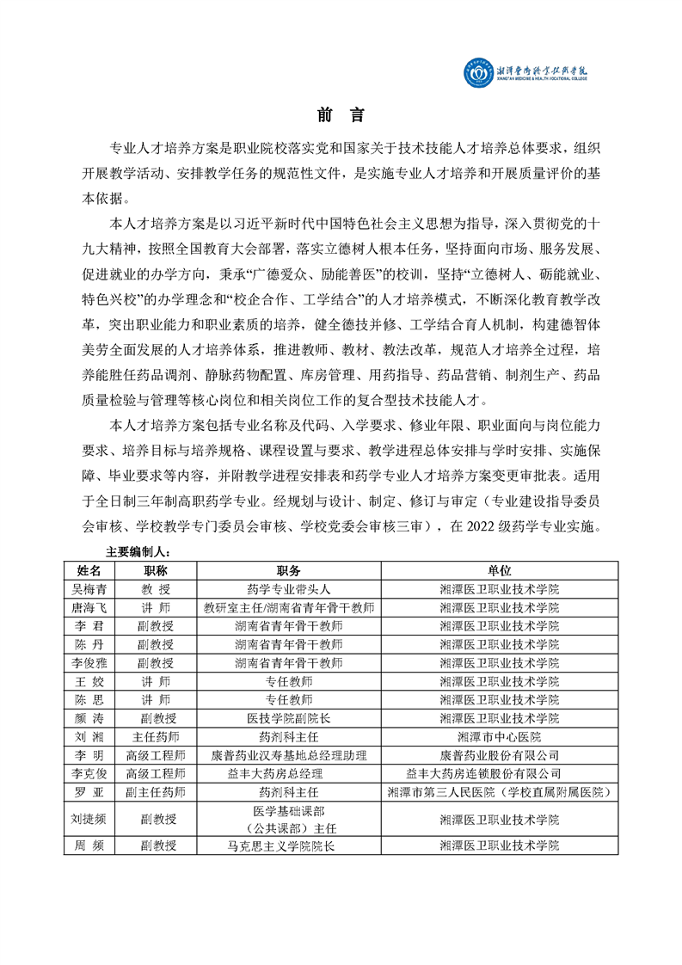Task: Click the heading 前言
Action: (x=341, y=115)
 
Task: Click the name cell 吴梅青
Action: (x=89, y=589)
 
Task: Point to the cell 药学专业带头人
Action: (x=289, y=589)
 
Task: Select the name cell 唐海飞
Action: (x=89, y=607)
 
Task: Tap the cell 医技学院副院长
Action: (x=289, y=718)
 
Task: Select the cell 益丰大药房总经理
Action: (x=289, y=773)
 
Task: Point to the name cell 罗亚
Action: (x=89, y=791)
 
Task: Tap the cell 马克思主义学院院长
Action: (x=289, y=845)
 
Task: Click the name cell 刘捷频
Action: (x=89, y=819)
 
